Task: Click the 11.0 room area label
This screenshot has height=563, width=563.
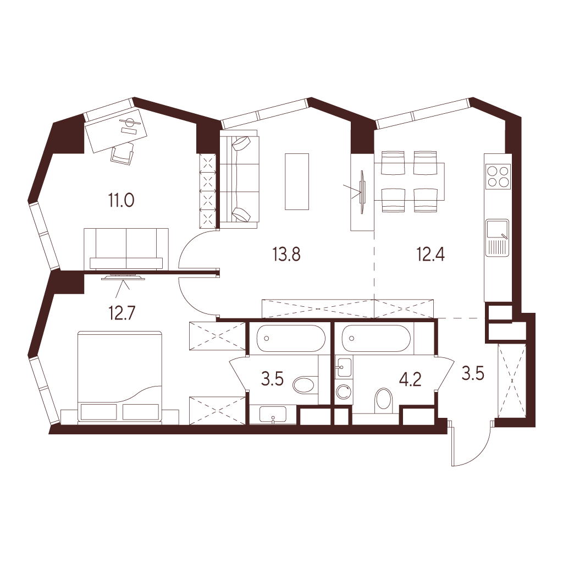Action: [x=122, y=200]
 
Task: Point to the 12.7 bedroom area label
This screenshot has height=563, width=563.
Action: [x=122, y=313]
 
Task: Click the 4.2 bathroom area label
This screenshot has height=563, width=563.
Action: [x=411, y=379]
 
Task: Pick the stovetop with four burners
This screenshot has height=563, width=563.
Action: [x=498, y=176]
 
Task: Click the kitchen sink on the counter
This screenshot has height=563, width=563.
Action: [x=497, y=238]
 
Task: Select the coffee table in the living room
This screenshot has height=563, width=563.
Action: [x=297, y=181]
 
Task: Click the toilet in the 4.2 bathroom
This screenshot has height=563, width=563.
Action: [x=384, y=400]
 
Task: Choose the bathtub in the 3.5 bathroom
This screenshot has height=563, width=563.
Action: [x=291, y=338]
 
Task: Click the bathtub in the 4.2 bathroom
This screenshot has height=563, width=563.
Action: [x=376, y=338]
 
